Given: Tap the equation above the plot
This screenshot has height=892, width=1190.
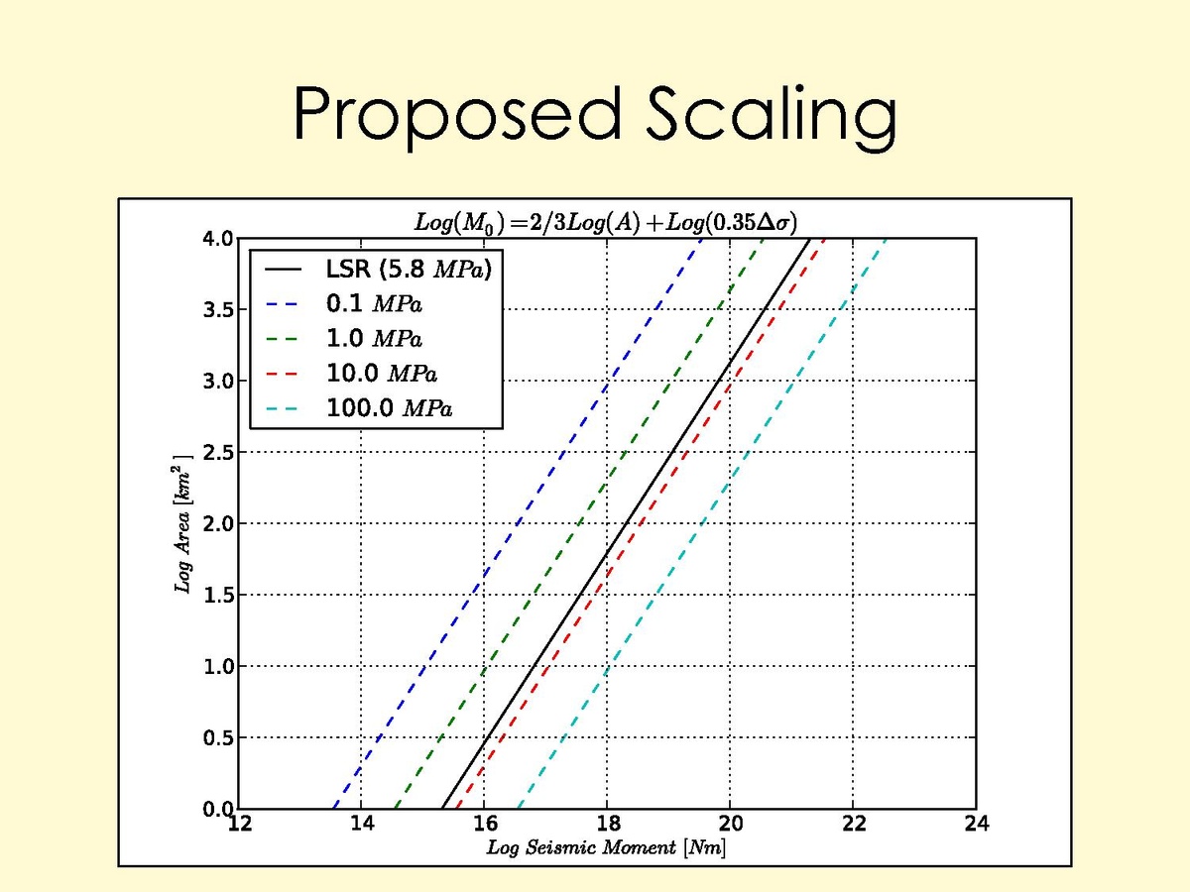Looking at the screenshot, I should [605, 221].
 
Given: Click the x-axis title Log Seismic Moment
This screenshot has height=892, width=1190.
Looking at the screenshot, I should [606, 848].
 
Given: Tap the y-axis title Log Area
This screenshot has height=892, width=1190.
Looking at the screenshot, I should [183, 524].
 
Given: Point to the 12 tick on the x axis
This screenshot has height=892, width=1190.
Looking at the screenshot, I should [239, 825].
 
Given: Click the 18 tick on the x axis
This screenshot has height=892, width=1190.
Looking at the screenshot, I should [607, 825].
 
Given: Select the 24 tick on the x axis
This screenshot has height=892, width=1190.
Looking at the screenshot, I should [976, 825].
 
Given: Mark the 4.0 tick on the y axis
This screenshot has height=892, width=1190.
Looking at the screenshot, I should [217, 239].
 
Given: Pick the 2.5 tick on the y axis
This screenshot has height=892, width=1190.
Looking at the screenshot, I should [217, 453].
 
